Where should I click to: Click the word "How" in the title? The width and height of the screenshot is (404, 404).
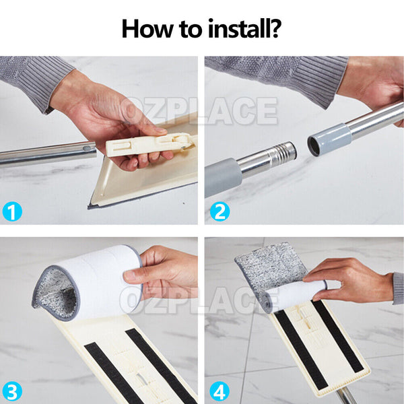[147, 28]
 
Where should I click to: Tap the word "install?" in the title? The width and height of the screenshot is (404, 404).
[245, 28]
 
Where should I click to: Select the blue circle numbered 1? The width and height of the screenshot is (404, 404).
[12, 211]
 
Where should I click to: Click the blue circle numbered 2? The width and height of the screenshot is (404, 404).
[220, 211]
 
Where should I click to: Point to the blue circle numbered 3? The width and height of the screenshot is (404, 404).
[12, 391]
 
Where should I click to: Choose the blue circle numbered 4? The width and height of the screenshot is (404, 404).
[220, 391]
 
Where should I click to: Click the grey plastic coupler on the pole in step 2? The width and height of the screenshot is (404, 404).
[330, 139]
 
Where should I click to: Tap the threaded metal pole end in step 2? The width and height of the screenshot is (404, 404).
[281, 154]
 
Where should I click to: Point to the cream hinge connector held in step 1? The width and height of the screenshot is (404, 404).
[149, 145]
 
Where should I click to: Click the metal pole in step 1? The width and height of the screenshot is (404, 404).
[48, 154]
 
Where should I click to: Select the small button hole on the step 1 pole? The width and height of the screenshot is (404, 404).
[87, 148]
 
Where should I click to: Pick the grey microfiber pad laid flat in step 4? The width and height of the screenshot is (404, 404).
[271, 268]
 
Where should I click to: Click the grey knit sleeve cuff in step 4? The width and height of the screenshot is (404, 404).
[399, 289]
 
